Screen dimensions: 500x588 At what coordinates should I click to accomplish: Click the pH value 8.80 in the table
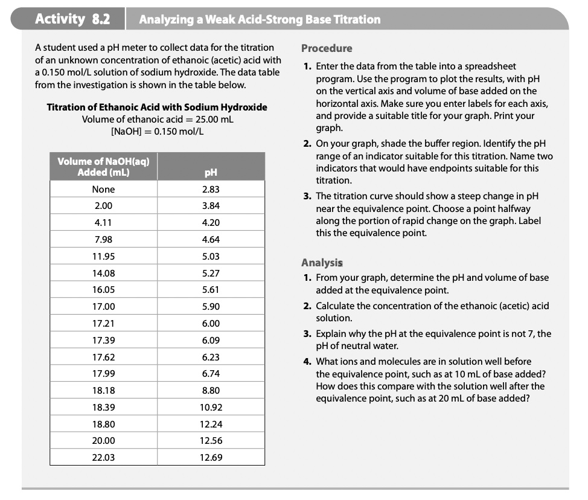pos(211,391)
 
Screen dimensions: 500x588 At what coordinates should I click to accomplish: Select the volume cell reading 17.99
pos(103,374)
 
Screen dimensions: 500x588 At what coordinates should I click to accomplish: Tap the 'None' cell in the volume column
pos(103,189)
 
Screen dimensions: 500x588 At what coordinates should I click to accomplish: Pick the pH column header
pos(211,173)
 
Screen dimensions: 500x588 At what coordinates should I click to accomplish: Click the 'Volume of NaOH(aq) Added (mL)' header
pos(103,166)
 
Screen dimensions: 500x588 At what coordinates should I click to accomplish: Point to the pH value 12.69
pos(211,458)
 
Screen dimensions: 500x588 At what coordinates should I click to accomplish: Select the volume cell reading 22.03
pos(103,458)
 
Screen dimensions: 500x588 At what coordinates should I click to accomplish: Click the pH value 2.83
pos(211,189)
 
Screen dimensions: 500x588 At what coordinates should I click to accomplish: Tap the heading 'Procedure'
pos(327,48)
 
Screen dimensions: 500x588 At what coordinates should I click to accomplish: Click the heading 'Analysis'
pos(322,263)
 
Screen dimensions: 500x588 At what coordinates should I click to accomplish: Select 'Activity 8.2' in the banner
pos(72,19)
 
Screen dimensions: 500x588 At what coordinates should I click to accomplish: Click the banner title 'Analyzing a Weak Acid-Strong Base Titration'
pos(260,19)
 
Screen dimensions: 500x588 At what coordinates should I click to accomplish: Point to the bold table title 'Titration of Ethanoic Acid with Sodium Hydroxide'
pos(157,107)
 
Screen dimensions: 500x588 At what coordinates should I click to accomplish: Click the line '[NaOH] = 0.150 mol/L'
pos(157,131)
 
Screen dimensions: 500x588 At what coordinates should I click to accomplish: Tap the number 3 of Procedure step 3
pos(307,196)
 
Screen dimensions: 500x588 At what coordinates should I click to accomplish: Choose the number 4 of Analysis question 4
pos(307,362)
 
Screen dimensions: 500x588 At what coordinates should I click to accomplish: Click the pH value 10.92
pos(211,408)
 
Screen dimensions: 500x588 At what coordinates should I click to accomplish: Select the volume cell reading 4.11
pos(103,222)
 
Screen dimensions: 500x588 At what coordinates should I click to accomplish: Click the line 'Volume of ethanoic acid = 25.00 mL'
pos(157,119)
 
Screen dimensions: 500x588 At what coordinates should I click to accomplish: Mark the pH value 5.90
pos(211,307)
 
